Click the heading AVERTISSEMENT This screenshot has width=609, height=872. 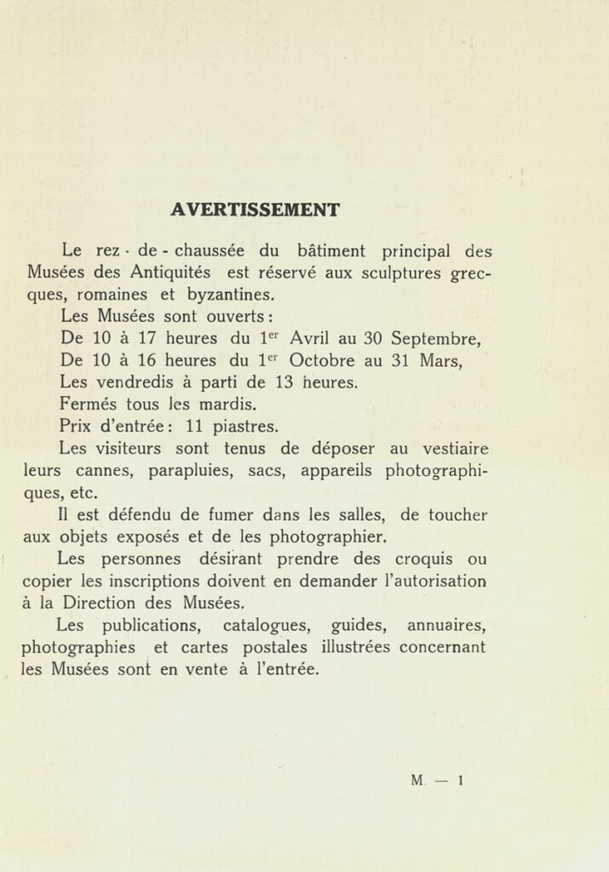click(x=255, y=209)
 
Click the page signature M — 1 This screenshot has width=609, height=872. click(x=435, y=779)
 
